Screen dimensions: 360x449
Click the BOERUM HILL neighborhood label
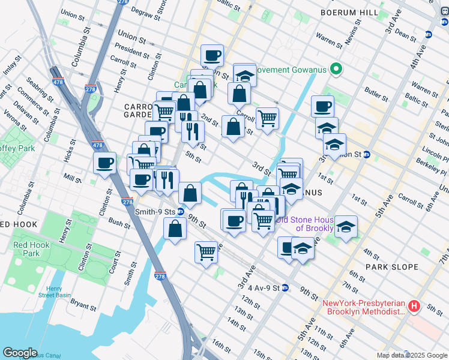[349, 12]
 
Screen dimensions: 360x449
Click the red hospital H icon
[414, 307]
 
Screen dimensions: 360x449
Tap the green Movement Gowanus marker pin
[336, 70]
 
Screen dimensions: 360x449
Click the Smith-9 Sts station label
[154, 211]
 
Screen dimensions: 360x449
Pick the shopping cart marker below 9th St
[206, 251]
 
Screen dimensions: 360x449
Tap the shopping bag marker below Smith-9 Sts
[175, 229]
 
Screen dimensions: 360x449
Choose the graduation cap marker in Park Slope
[346, 227]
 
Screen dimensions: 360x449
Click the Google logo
[20, 353]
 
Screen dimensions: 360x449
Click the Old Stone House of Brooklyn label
[312, 224]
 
